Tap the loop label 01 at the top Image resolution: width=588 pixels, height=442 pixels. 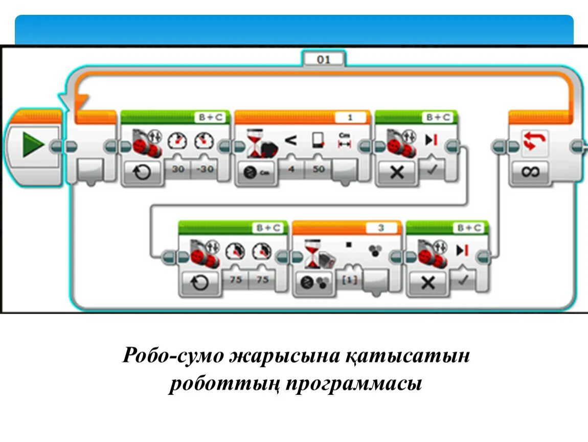324,59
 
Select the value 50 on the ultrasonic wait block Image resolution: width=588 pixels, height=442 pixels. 318,169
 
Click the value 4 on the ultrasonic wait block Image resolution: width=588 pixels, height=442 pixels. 291,169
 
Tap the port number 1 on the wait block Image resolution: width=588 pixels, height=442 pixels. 350,118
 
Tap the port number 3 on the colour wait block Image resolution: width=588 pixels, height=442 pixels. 380,228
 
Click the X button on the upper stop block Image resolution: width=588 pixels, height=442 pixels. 396,172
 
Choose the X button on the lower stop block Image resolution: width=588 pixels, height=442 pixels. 427,282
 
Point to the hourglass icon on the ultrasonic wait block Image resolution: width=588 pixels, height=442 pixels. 255,142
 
